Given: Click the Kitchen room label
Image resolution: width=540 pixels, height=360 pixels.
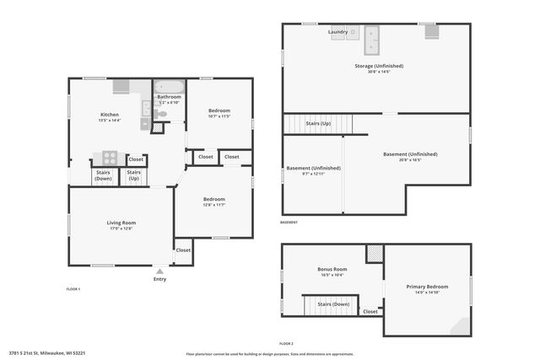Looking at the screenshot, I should click(x=110, y=115).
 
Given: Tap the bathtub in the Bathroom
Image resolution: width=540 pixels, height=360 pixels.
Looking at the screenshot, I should click(x=169, y=87).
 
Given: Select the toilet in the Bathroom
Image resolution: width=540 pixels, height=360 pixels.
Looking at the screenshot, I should click(x=161, y=113).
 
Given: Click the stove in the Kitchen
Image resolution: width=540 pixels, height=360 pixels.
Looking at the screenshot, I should click(x=110, y=157).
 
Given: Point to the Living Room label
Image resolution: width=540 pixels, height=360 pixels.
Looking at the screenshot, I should click(x=122, y=223).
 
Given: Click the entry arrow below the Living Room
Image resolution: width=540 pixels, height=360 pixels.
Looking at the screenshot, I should click(x=159, y=271).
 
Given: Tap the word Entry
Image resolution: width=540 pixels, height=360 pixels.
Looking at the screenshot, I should click(x=159, y=279).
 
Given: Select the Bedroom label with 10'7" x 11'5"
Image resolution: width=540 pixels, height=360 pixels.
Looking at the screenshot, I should click(x=219, y=111).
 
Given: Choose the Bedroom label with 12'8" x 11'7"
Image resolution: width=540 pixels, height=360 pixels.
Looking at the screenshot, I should click(x=213, y=199).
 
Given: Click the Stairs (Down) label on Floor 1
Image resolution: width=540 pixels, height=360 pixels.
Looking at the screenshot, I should click(x=103, y=175).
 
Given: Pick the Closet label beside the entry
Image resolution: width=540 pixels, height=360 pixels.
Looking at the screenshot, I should click(x=183, y=250).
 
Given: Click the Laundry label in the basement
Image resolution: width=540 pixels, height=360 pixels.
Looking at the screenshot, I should click(x=337, y=32).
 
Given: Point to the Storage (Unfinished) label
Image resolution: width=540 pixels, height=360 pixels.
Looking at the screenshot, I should click(x=379, y=66).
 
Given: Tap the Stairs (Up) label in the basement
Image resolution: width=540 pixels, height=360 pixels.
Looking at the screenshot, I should click(x=318, y=123).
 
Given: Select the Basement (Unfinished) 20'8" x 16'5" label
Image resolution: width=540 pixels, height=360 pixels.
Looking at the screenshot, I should click(x=410, y=154).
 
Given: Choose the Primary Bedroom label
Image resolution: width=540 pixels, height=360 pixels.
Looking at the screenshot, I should click(x=427, y=287).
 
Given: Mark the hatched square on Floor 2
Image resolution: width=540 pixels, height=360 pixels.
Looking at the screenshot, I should click(x=374, y=253).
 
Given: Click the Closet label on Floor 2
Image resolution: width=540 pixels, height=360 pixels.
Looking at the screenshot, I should click(x=370, y=311).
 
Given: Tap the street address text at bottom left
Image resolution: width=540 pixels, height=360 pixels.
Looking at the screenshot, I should click(x=47, y=353).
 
